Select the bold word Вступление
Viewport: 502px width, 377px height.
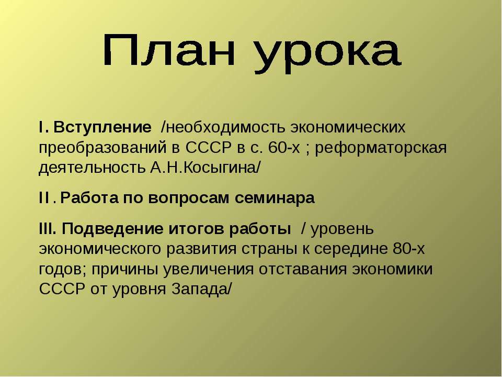(x=102, y=127)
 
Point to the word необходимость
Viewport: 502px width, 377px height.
(x=224, y=127)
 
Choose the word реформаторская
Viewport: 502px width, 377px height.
(x=381, y=148)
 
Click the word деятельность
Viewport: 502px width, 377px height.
(x=92, y=168)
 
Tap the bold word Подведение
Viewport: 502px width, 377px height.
(x=113, y=229)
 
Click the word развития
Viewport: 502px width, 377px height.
(x=202, y=249)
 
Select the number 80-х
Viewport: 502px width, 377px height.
(x=408, y=248)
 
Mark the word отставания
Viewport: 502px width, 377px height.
(x=303, y=269)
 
